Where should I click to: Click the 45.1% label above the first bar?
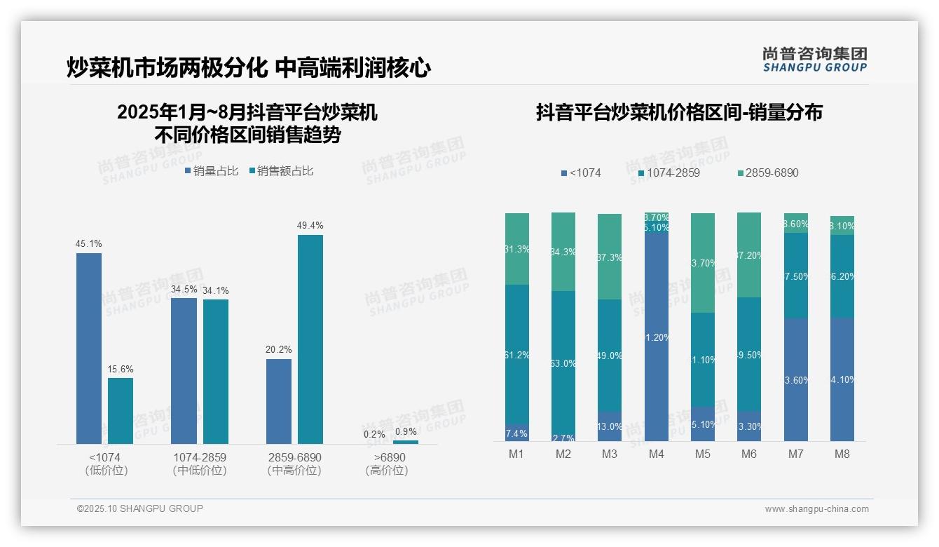pyautogui.click(x=89, y=244)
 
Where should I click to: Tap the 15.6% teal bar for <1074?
pyautogui.click(x=121, y=411)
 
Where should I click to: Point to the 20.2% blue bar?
pyautogui.click(x=279, y=401)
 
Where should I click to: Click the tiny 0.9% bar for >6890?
pyautogui.click(x=406, y=442)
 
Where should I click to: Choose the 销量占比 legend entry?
pyautogui.click(x=212, y=171)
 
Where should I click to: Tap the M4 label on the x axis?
pyautogui.click(x=656, y=454)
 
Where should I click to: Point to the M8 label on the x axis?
pyautogui.click(x=842, y=454)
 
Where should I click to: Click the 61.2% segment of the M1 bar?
pyautogui.click(x=517, y=355)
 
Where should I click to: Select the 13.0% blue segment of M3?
pyautogui.click(x=610, y=426)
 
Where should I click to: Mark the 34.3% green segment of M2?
pyautogui.click(x=563, y=252)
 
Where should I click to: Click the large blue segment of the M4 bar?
pyautogui.click(x=656, y=337)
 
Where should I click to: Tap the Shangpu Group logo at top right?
pyautogui.click(x=814, y=59)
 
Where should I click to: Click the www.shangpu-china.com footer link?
pyautogui.click(x=816, y=509)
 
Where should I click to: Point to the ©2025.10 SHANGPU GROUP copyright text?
pyautogui.click(x=140, y=509)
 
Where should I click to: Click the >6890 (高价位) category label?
pyautogui.click(x=386, y=464)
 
